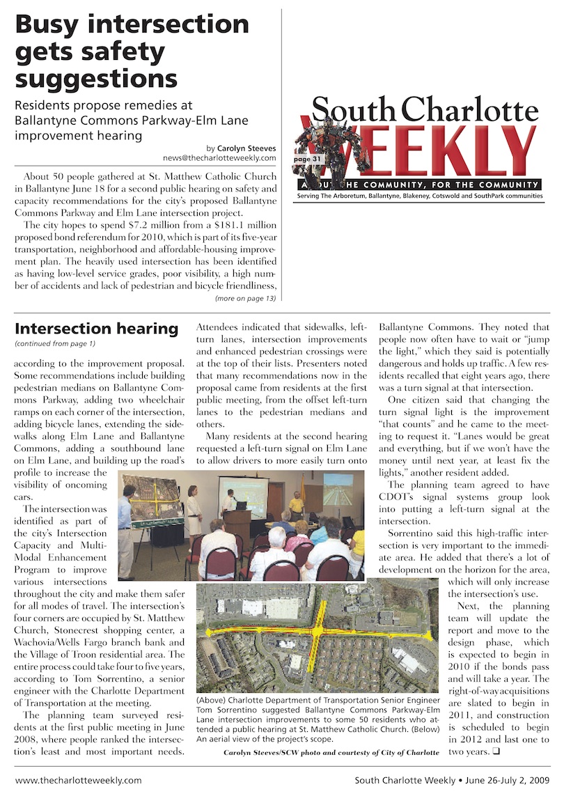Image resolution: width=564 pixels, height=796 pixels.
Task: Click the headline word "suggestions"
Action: click(x=95, y=79)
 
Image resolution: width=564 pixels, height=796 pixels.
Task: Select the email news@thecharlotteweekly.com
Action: click(x=219, y=158)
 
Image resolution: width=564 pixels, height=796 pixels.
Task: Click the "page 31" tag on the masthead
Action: click(x=307, y=159)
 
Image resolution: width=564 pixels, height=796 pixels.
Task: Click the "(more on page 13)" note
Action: click(x=245, y=298)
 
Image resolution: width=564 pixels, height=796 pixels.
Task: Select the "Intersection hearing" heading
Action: click(x=97, y=328)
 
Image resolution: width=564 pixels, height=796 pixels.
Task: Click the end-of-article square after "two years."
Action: click(x=496, y=751)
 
